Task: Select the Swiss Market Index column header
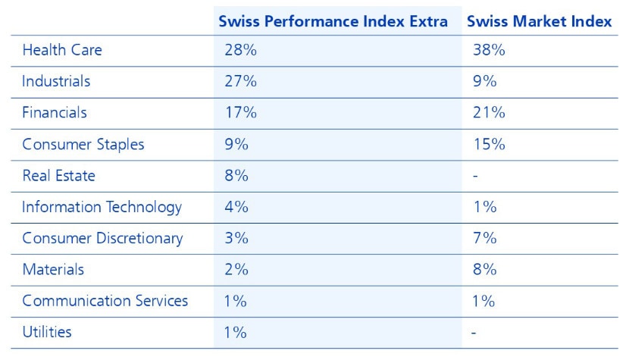pyautogui.click(x=540, y=21)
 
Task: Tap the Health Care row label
pyautogui.click(x=62, y=50)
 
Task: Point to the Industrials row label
pyautogui.click(x=56, y=81)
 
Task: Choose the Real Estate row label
pyautogui.click(x=59, y=175)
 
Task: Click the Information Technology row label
pyautogui.click(x=102, y=207)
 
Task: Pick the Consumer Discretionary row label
pyautogui.click(x=102, y=238)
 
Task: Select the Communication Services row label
pyautogui.click(x=105, y=300)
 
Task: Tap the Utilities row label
pyautogui.click(x=47, y=332)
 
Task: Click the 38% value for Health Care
pyautogui.click(x=489, y=50)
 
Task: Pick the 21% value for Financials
pyautogui.click(x=488, y=113)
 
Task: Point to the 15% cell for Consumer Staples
pyautogui.click(x=489, y=144)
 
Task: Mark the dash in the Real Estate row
pyautogui.click(x=475, y=176)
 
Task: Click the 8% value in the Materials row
pyautogui.click(x=484, y=269)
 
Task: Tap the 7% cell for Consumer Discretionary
pyautogui.click(x=484, y=238)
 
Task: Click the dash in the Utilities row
pyautogui.click(x=475, y=332)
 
